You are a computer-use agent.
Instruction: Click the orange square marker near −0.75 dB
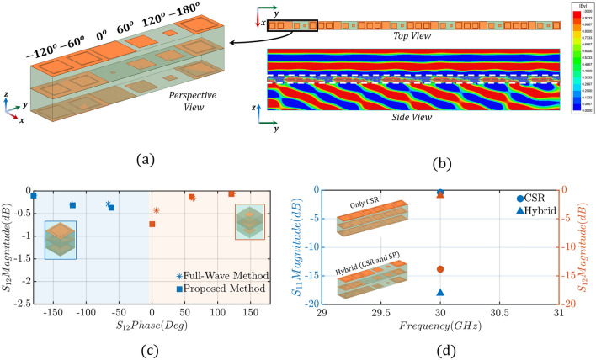(152, 224)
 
